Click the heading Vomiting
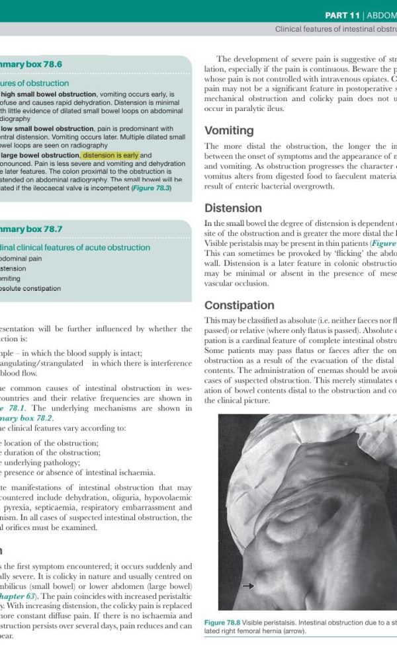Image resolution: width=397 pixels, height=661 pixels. (229, 130)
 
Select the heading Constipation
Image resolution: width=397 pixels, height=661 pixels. (240, 305)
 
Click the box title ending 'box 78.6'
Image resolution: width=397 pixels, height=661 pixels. (31, 64)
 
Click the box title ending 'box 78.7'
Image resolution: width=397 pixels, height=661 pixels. (31, 229)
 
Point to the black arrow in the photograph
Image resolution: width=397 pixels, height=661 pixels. (247, 586)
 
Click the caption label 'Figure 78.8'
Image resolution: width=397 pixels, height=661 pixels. (223, 623)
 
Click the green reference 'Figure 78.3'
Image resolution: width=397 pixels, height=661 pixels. (152, 188)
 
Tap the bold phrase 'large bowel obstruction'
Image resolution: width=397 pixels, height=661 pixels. (40, 155)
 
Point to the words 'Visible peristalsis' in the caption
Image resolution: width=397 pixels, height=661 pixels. (271, 623)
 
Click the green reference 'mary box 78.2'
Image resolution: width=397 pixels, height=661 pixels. (26, 418)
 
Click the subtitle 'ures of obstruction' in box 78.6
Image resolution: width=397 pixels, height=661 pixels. (34, 83)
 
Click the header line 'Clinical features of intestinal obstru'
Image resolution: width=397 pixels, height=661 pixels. (335, 30)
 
